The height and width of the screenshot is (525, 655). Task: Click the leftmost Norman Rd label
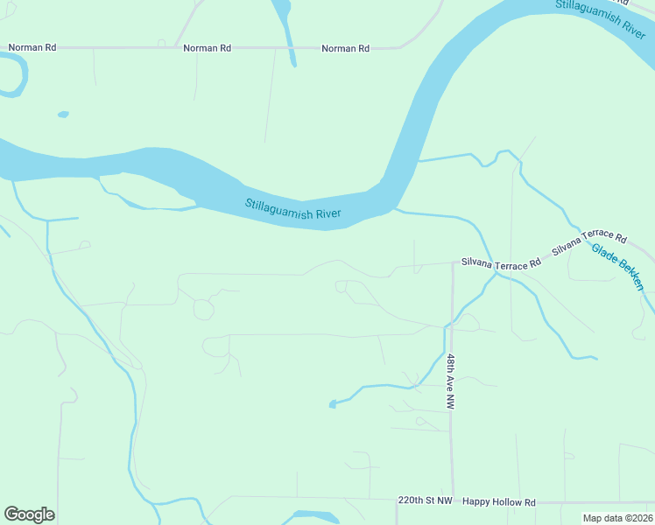click(x=32, y=47)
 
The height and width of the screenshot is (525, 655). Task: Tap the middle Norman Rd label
click(x=207, y=48)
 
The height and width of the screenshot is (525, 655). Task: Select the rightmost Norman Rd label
click(x=345, y=48)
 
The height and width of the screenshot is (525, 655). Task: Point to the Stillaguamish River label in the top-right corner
click(x=599, y=16)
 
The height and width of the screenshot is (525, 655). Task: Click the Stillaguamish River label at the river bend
click(x=292, y=209)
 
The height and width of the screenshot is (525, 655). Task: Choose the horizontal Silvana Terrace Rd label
click(x=501, y=264)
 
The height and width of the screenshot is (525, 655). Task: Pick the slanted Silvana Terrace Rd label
click(x=589, y=244)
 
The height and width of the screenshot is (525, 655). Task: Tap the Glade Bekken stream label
click(x=617, y=267)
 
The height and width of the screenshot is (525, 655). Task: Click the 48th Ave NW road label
click(x=450, y=382)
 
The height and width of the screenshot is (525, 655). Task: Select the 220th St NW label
click(x=425, y=501)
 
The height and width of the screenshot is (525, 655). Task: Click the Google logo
click(x=29, y=514)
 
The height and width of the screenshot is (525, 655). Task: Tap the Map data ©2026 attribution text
click(x=617, y=518)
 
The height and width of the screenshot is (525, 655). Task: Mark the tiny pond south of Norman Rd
click(x=63, y=114)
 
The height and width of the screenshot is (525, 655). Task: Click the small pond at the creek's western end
click(x=332, y=403)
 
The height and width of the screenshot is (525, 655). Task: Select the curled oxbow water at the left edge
click(x=16, y=74)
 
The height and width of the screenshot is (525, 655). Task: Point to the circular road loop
click(x=203, y=309)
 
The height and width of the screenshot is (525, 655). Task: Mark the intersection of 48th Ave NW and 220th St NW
click(x=453, y=501)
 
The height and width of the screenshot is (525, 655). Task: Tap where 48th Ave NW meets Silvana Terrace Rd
click(x=453, y=262)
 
